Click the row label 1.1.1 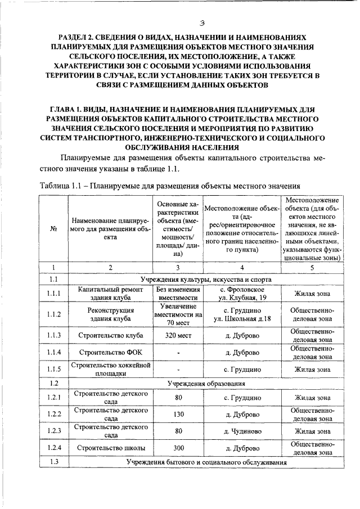tap(54, 293)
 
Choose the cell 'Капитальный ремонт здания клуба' tap(110, 293)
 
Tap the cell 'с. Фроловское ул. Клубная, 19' tap(242, 293)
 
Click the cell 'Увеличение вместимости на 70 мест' tap(178, 314)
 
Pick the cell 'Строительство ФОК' tap(110, 353)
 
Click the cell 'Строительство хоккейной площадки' tap(110, 369)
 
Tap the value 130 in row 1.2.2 tap(178, 414)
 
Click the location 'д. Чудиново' tap(242, 431)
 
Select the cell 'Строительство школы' tap(110, 448)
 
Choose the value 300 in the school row tap(178, 448)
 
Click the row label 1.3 tap(54, 462)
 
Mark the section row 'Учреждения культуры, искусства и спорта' tap(206, 279)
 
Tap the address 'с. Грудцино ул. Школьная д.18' tap(242, 314)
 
